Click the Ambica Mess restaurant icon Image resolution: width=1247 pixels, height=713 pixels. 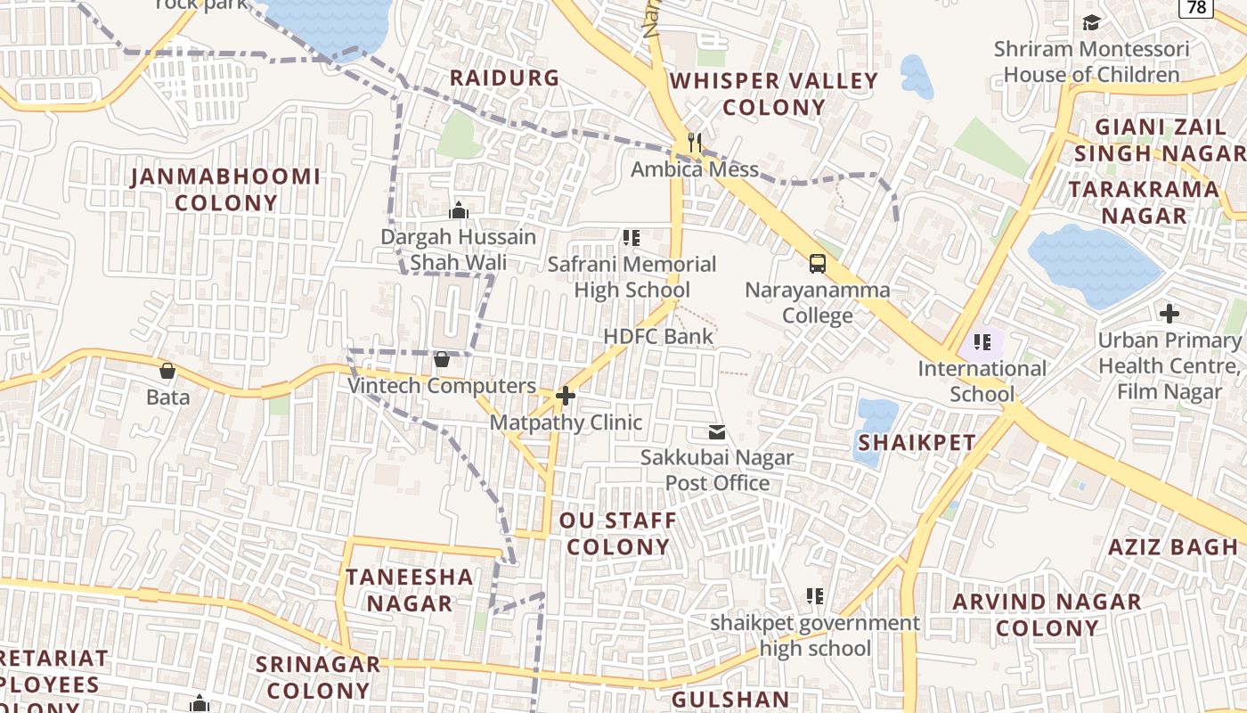pos(695,143)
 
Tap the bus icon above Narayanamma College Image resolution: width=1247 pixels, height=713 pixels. pos(817,263)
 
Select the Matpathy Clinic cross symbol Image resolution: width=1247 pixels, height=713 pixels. pos(565,396)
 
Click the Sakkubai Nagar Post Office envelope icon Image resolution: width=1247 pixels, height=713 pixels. pos(717,433)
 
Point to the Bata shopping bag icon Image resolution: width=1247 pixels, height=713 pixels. pos(167,371)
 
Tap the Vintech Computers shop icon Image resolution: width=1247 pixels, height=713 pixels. pos(441,359)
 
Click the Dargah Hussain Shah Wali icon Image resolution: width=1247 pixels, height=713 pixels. pos(459,211)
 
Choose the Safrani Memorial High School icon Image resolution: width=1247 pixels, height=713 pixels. pos(632,238)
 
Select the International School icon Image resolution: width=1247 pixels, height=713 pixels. pos(982,342)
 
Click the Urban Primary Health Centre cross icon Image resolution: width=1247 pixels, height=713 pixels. pos(1170,314)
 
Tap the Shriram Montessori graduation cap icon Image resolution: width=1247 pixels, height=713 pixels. pos(1091,22)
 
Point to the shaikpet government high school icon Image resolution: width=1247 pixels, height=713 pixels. pos(814,596)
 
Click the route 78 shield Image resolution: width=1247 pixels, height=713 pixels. pos(1197,7)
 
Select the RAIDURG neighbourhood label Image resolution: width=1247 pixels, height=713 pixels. pos(504,78)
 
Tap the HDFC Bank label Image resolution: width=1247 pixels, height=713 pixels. pos(658,336)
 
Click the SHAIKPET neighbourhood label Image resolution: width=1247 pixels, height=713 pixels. pos(917,442)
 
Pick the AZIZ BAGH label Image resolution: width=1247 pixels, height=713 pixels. pos(1172,547)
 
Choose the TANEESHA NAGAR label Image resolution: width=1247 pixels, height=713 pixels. pos(410,590)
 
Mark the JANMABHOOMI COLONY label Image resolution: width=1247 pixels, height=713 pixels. pos(226,189)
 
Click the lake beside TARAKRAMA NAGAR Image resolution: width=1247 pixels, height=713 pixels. pos(1091,263)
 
